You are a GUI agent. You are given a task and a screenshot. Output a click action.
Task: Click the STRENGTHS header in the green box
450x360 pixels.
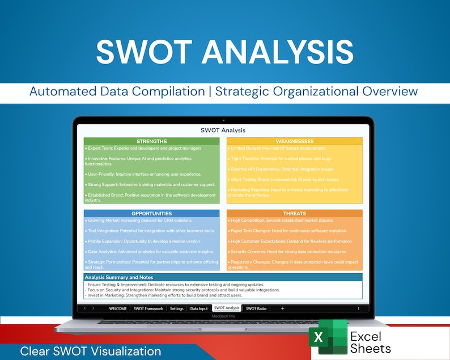[151, 141]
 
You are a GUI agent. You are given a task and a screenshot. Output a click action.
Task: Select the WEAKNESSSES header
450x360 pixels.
[294, 141]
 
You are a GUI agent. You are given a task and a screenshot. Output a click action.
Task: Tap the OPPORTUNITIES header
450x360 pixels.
[151, 214]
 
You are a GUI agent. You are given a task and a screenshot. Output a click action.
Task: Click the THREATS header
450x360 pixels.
[294, 214]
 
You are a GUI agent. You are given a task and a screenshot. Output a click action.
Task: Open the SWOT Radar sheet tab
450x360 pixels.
[257, 308]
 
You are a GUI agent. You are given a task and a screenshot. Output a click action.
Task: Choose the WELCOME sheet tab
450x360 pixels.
[118, 308]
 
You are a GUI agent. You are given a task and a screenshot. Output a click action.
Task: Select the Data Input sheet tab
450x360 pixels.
[198, 308]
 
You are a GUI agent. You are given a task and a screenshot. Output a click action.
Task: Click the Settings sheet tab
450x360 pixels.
[177, 308]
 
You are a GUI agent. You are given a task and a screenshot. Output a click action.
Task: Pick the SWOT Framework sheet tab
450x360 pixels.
[148, 308]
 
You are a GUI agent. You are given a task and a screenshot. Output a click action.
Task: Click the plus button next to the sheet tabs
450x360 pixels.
[283, 308]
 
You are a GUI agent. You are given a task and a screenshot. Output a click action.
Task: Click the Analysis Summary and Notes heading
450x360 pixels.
[119, 277]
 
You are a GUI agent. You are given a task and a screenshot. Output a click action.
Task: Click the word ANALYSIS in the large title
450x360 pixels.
[278, 53]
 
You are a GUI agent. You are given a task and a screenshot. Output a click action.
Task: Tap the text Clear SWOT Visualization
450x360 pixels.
[91, 351]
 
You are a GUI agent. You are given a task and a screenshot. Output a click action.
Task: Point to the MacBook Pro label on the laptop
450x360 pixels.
[223, 316]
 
